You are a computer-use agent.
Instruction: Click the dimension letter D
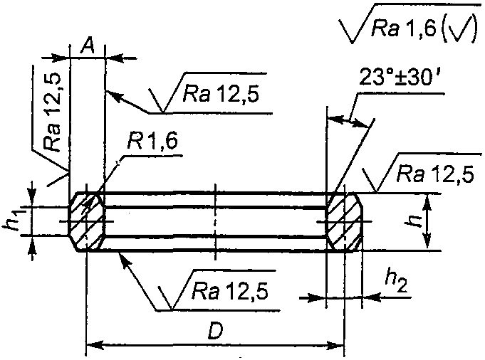[215, 332]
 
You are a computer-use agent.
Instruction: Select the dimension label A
[88, 47]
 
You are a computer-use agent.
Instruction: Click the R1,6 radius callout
[152, 142]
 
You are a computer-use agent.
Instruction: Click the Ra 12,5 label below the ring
[229, 291]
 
